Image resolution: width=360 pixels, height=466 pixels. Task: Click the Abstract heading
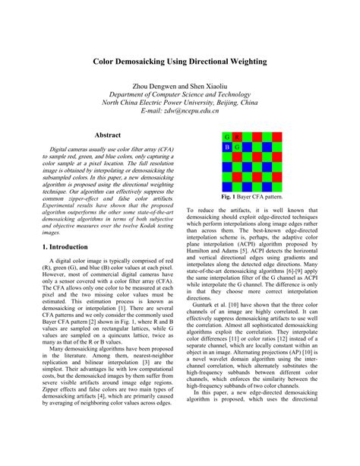click(x=108, y=135)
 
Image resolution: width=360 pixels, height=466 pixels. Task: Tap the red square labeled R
click(x=237, y=137)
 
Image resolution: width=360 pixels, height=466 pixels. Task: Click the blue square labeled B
click(x=227, y=146)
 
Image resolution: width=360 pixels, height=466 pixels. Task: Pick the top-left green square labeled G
click(x=227, y=137)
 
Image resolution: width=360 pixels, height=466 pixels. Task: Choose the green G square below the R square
click(x=237, y=146)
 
